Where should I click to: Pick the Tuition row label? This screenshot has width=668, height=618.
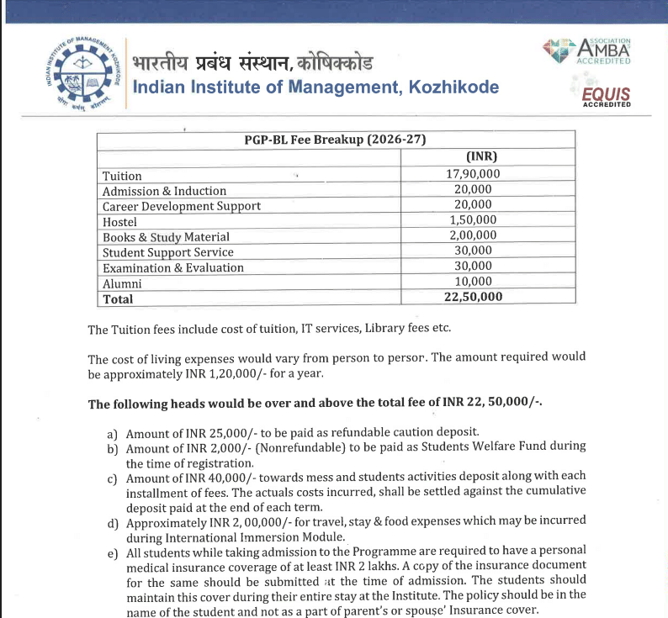tap(122, 176)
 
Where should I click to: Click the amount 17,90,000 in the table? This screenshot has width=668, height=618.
tap(473, 175)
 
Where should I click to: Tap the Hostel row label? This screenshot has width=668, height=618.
tap(119, 222)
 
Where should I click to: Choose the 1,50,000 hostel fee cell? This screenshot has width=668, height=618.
tap(473, 221)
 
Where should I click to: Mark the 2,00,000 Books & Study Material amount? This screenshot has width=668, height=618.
tap(473, 236)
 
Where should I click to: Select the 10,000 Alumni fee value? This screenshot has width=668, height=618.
tap(473, 283)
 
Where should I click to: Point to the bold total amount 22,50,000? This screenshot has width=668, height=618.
tap(473, 298)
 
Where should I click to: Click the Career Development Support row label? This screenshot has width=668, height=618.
tap(182, 206)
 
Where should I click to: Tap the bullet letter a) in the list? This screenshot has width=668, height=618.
tap(112, 434)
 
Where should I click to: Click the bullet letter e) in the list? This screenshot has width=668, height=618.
tap(112, 553)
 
